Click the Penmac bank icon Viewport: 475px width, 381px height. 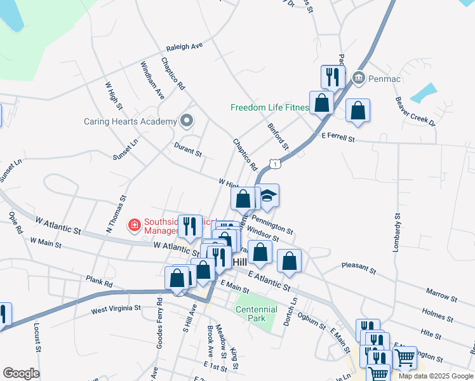click(x=358, y=78)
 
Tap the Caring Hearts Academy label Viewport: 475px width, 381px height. click(x=130, y=121)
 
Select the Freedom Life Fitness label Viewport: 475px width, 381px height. click(x=269, y=108)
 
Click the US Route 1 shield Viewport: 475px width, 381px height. click(x=274, y=164)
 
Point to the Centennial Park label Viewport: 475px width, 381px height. click(x=257, y=314)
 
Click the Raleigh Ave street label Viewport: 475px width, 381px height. click(x=184, y=47)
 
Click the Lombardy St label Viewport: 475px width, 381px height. click(x=396, y=235)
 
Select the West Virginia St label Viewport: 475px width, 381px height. click(x=115, y=309)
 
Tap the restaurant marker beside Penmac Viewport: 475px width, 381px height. click(x=332, y=77)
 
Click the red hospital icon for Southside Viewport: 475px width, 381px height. click(x=134, y=224)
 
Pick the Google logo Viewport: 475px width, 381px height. click(x=21, y=373)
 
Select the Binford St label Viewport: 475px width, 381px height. click(x=278, y=137)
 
